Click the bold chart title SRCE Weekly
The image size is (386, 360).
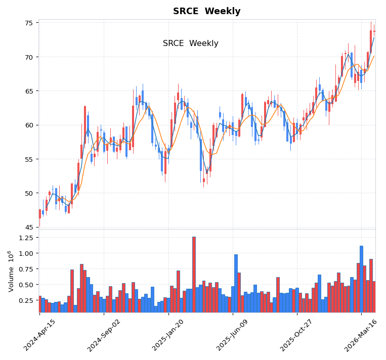206,12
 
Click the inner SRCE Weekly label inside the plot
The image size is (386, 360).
190,43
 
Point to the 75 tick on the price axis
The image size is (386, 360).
28,23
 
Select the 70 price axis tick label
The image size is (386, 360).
28,57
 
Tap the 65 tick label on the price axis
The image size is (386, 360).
28,91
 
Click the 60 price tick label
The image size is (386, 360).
28,125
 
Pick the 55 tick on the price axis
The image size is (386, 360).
28,159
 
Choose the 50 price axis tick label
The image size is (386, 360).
28,193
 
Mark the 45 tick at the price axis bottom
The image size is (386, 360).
28,227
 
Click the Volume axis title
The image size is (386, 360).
11,271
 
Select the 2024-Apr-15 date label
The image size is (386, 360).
39,335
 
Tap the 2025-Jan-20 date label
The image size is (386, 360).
168,335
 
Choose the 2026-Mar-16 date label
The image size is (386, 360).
362,335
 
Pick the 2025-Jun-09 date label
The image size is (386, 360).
233,335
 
